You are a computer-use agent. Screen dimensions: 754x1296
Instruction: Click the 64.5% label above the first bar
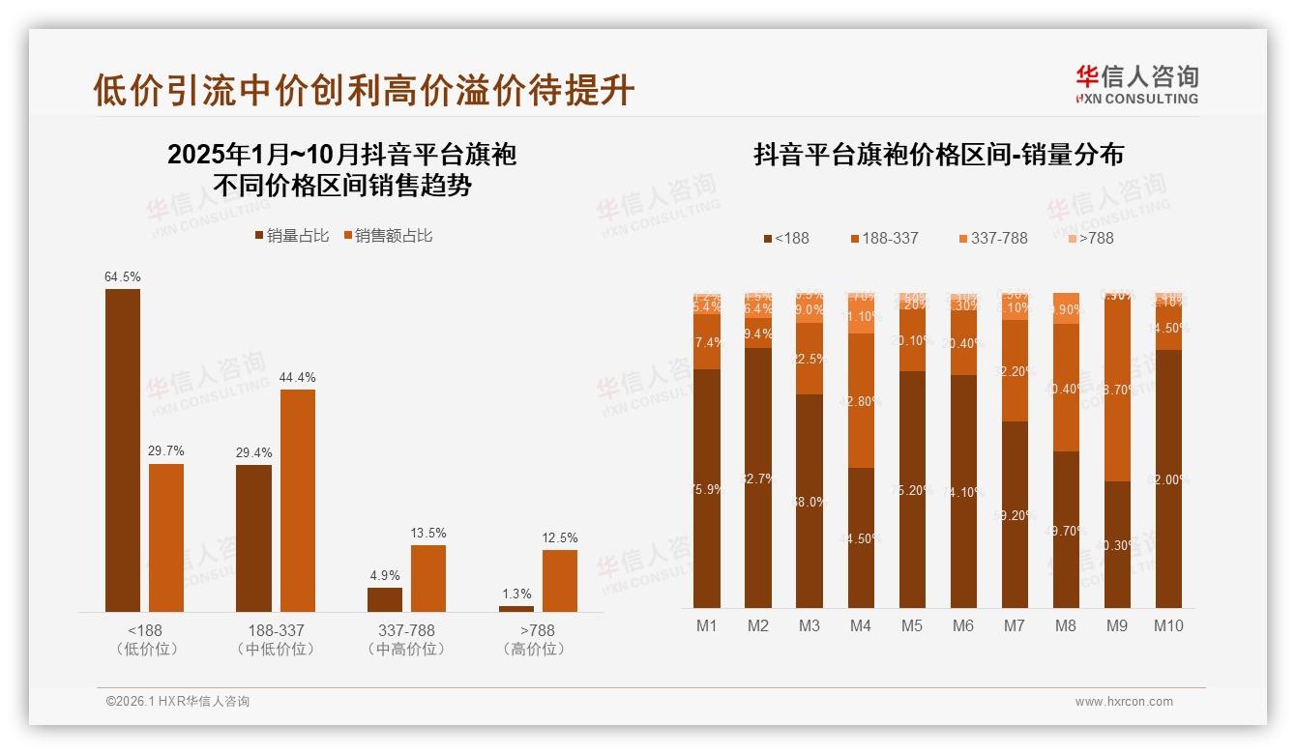(123, 277)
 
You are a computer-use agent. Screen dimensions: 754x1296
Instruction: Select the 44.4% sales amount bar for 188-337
(298, 500)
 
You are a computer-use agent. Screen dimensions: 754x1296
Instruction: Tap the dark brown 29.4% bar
(253, 537)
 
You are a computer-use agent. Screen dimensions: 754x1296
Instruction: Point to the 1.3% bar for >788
(515, 608)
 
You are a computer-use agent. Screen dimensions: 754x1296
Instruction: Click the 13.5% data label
(428, 534)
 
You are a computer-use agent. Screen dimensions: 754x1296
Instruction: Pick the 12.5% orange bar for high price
(559, 580)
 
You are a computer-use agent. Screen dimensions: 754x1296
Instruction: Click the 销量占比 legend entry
(291, 236)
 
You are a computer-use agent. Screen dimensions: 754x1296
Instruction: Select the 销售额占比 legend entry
(389, 236)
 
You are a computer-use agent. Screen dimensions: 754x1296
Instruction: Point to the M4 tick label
(861, 626)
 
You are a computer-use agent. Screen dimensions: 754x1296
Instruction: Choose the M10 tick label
(1168, 626)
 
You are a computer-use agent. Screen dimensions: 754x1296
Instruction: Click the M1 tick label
(707, 626)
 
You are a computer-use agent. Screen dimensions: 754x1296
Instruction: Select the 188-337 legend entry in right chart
(884, 238)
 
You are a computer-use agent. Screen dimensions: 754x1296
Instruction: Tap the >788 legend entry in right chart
(1090, 238)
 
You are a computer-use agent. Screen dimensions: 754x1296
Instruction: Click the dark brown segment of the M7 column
(1015, 514)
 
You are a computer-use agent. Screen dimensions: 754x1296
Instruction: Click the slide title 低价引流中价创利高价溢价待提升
(364, 90)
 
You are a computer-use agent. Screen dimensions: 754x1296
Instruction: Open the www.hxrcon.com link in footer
(1124, 702)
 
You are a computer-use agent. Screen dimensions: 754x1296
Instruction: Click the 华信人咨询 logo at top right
(1136, 84)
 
